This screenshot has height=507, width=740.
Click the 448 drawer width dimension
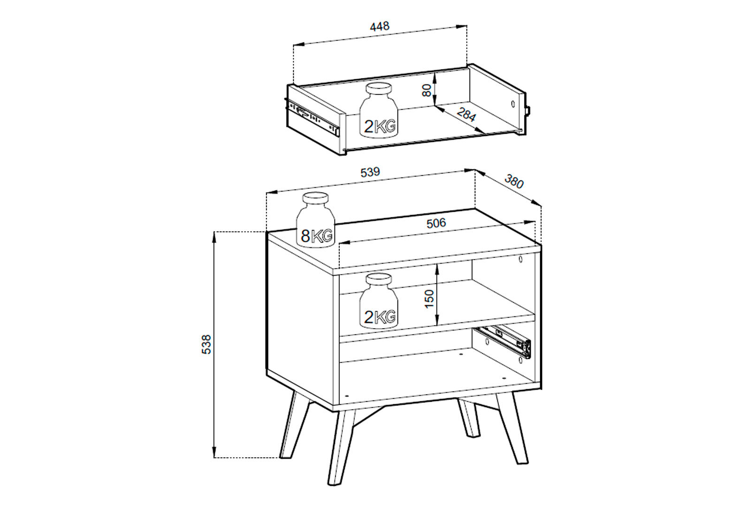pos(380,26)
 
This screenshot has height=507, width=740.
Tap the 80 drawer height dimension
pos(427,90)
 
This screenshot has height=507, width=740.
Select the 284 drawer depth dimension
pos(466,115)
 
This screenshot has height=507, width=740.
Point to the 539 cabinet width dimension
pos(370,172)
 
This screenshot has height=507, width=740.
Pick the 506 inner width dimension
pos(436,223)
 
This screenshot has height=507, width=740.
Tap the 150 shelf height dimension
pos(428,299)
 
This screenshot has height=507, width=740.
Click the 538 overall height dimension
pos(206,345)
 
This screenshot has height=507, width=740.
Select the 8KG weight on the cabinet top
pos(315,220)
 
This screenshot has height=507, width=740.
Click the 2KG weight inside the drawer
pos(379,114)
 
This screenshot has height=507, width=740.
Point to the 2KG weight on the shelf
pos(379,301)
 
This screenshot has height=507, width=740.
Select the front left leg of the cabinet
pos(341,447)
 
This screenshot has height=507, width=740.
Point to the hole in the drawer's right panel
pos(513,104)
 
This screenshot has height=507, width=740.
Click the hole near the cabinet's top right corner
pos(521,259)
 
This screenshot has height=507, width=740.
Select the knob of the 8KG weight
pos(316,200)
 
